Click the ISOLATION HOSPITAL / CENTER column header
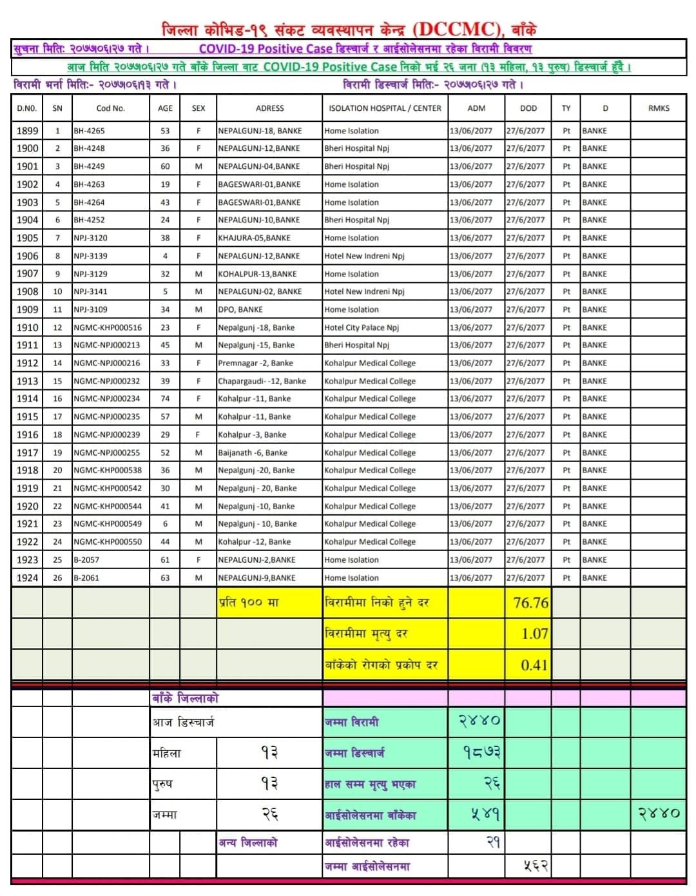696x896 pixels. point(385,108)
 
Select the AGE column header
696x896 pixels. point(165,108)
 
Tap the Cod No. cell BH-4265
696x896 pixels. point(90,131)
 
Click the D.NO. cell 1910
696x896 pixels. point(27,327)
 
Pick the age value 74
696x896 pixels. point(165,399)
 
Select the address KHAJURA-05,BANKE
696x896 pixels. point(254,238)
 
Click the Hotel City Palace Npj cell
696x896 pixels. point(362,327)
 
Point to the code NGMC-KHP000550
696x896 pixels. point(108,542)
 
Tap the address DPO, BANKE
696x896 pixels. point(240,309)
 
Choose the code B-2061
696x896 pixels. point(86,578)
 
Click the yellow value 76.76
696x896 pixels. point(530,603)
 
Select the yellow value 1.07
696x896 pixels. point(534,634)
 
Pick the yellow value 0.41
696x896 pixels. point(534,665)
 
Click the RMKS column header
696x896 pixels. point(659,108)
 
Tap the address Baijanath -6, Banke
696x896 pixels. point(253,453)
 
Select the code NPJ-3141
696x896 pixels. point(90,291)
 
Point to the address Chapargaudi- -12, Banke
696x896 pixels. point(262,381)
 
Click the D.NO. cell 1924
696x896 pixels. point(27,578)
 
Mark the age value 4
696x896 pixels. point(165,256)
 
